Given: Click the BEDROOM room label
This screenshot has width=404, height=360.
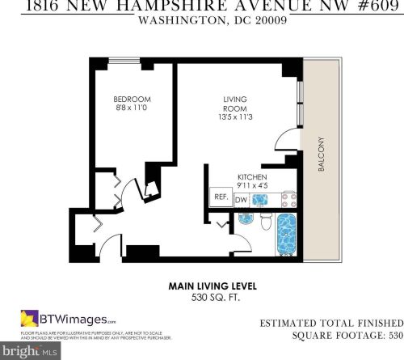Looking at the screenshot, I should [x=128, y=100].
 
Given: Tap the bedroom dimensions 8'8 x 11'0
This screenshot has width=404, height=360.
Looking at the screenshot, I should [x=128, y=109].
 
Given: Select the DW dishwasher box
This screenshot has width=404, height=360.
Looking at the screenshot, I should [x=241, y=198].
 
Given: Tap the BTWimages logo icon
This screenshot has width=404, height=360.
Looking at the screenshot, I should [x=30, y=318].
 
